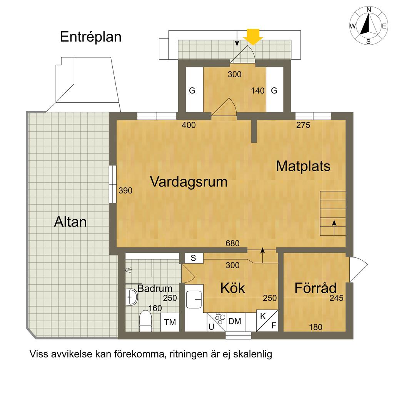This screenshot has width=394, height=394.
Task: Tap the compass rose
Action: pos(368,26)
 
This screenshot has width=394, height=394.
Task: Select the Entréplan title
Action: pos(91,37)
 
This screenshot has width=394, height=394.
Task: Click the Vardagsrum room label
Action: pos(189,182)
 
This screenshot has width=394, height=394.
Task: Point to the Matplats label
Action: pos(303,166)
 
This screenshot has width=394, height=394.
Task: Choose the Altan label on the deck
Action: pos(70,222)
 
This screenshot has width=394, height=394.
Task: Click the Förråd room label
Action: pos(316,288)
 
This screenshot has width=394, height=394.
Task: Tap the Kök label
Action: pos(233,288)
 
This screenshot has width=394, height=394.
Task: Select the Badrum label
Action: pos(155,288)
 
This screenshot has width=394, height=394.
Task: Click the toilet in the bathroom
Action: pos(145,321)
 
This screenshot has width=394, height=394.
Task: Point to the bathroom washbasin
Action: pos(131,297)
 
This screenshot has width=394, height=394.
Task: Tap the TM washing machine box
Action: pos(170,322)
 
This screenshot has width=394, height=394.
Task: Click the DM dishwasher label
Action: pos(235,321)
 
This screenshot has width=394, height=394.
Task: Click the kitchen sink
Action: pos(194,299)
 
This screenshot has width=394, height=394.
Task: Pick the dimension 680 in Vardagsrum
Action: pos(232,243)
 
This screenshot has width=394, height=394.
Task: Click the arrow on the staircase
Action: pos(334,228)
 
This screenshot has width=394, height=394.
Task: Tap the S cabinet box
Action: pos(194,258)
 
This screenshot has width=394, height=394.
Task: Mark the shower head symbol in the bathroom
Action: pos(129,270)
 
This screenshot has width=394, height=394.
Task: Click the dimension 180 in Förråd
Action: pos(316,327)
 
